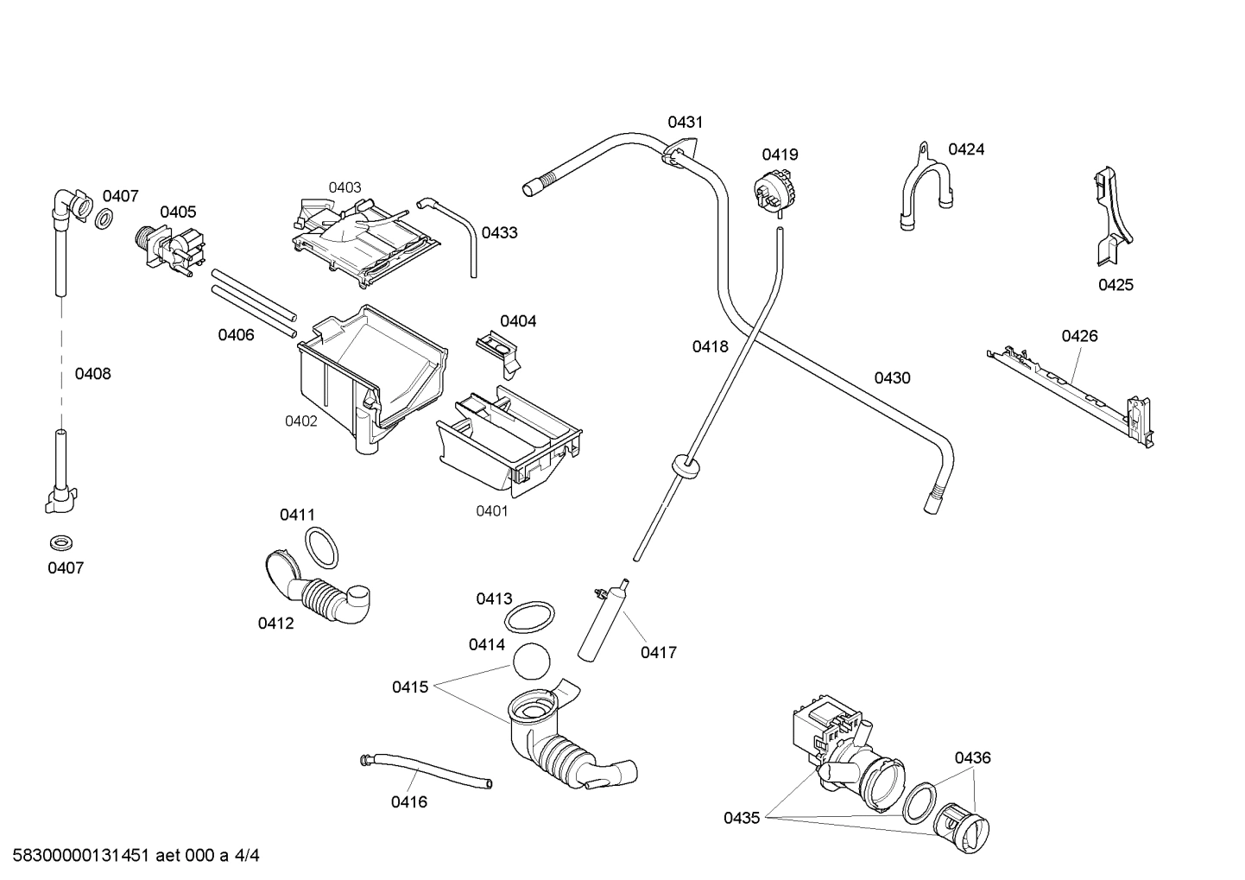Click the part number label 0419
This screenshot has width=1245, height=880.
coord(779,155)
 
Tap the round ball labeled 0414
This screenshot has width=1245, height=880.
coord(531,662)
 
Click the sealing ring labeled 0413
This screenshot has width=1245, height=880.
coord(529,617)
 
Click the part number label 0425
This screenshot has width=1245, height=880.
coord(1115,285)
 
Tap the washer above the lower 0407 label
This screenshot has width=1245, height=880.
coord(60,543)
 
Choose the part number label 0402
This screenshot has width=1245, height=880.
coord(301,421)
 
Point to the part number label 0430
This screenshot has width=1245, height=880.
coord(892,377)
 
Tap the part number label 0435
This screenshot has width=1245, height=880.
coord(742,818)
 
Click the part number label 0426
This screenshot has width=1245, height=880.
coord(1079,336)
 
